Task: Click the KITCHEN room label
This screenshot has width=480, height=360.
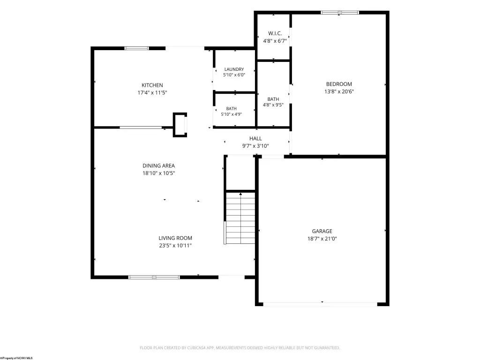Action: (152, 85)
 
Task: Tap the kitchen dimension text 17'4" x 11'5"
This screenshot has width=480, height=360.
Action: (152, 92)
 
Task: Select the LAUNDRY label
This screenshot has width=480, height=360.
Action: (234, 69)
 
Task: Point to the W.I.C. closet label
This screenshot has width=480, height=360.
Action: (275, 33)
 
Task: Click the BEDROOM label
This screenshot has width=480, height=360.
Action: (339, 84)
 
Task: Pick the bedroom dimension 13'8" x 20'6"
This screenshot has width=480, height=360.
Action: (339, 91)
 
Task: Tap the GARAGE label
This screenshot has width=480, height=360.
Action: (322, 231)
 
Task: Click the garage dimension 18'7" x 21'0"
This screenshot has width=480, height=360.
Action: (322, 239)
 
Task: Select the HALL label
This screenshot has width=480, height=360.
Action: (255, 138)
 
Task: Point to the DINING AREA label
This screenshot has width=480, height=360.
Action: (158, 165)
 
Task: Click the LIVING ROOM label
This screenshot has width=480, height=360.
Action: (175, 238)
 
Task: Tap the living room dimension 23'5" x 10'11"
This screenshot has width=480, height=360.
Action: (175, 245)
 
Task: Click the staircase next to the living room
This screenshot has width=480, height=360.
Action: (240, 217)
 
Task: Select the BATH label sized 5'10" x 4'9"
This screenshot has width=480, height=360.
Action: (232, 109)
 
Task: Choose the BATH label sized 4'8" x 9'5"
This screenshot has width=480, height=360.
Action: (273, 99)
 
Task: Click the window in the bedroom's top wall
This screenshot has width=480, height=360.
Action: (340, 13)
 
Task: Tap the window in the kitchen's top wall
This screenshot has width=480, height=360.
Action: (136, 48)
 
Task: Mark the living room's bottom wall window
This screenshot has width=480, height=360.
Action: (154, 277)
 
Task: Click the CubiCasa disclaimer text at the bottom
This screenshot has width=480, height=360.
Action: (240, 348)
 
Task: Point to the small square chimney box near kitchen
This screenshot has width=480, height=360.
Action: (180, 125)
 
